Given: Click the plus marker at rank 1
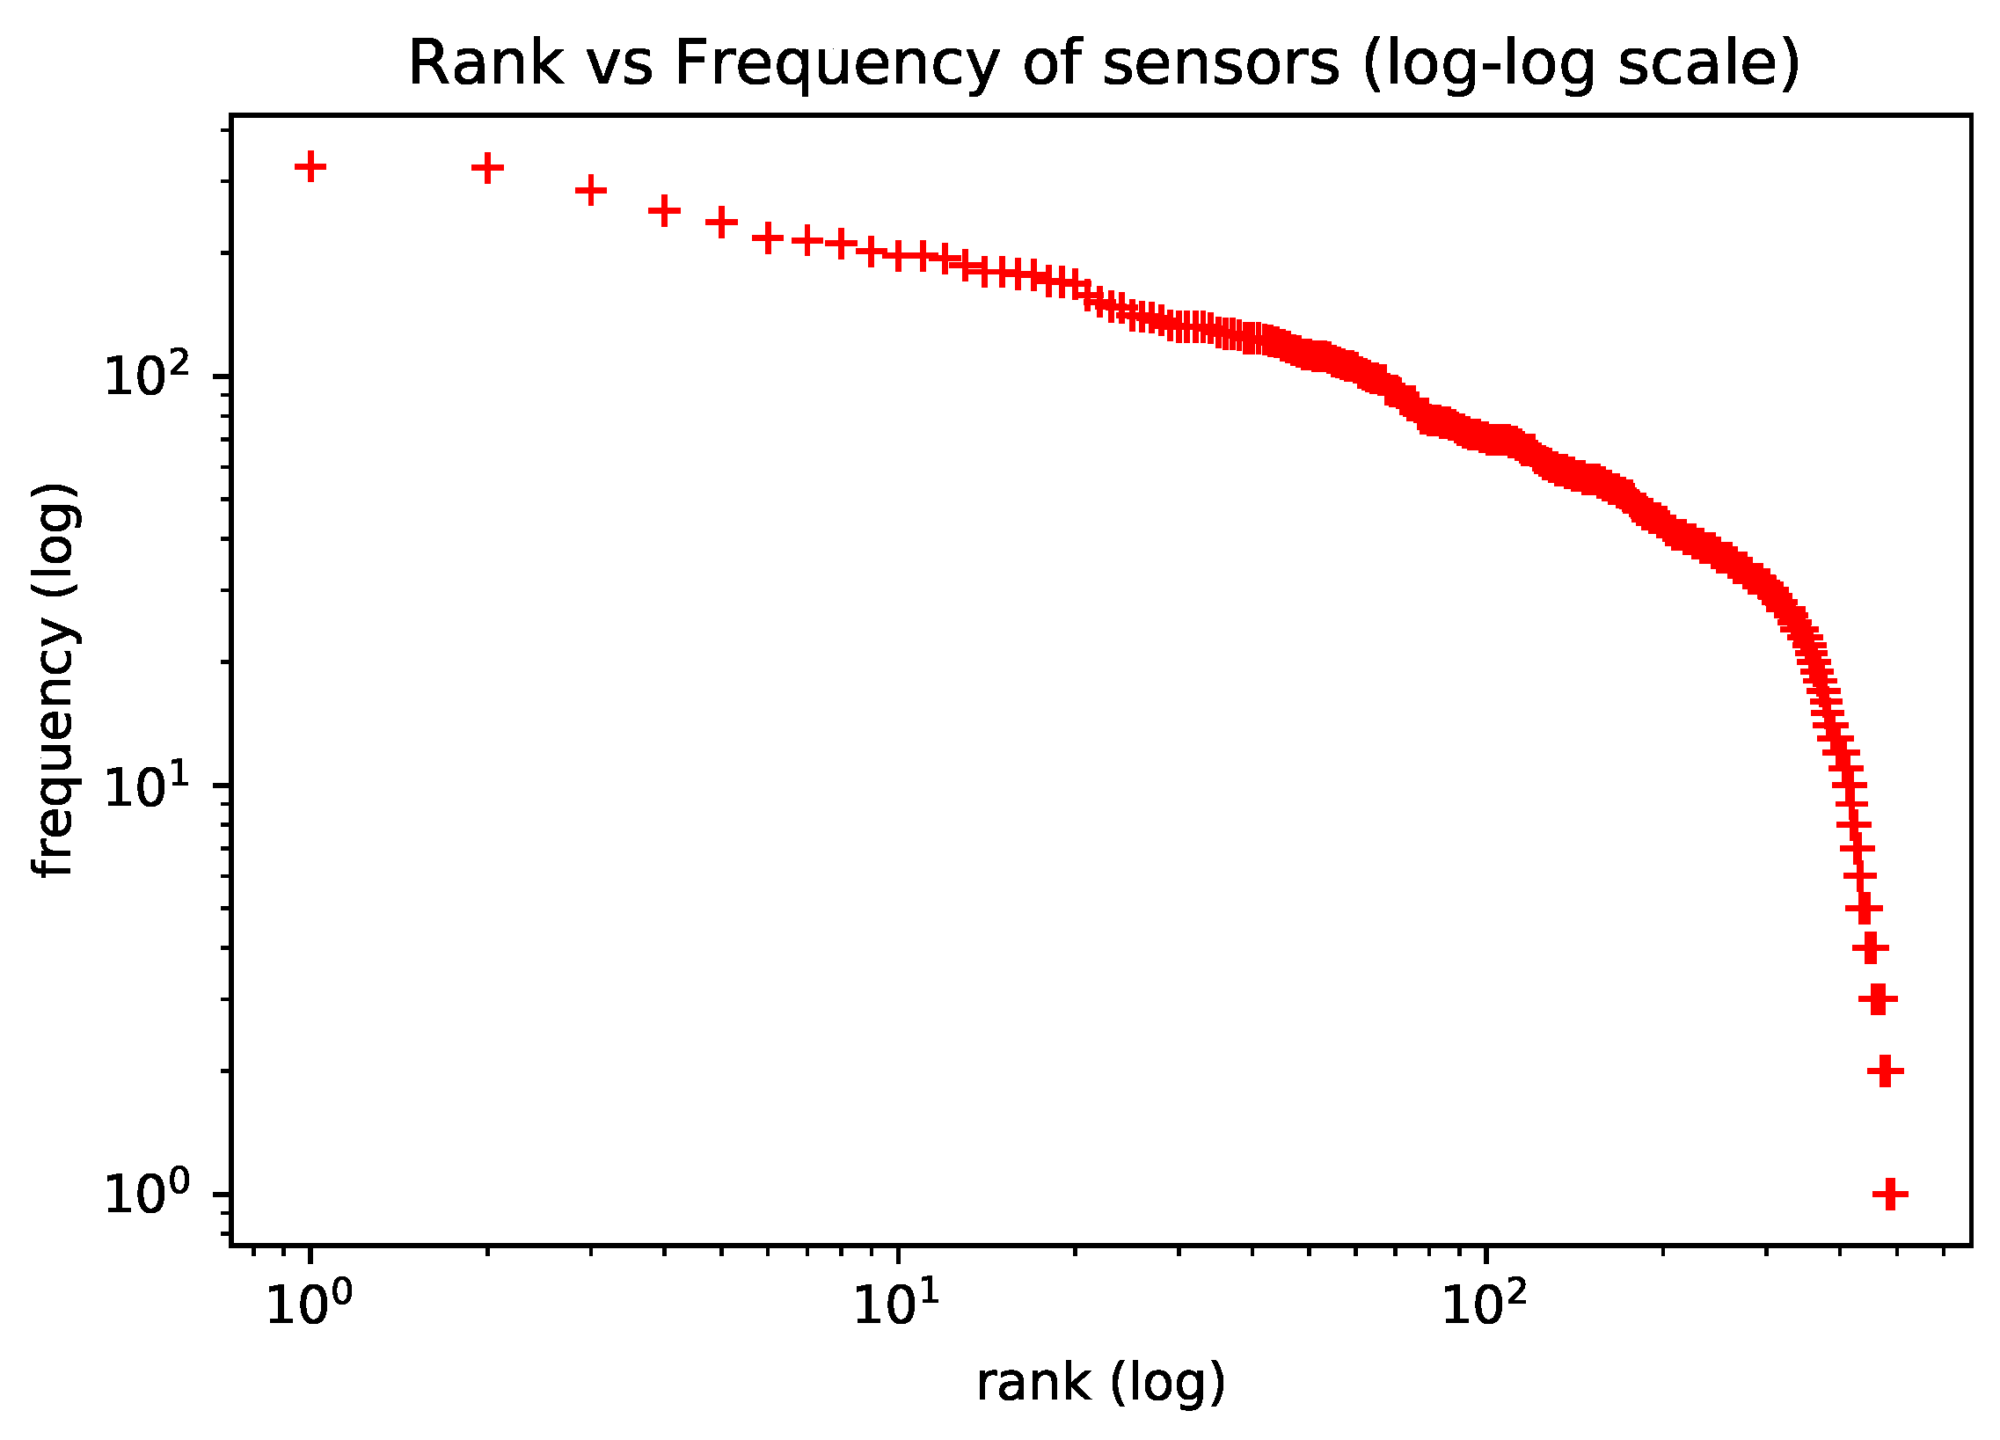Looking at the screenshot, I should (x=310, y=165).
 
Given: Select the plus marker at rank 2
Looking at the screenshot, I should (x=487, y=167).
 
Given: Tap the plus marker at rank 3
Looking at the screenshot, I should (x=591, y=190).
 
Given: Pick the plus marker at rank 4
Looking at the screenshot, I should (x=664, y=211).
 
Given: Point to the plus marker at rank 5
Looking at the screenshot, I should (x=721, y=223).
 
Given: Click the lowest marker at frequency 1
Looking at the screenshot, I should (x=1890, y=1195).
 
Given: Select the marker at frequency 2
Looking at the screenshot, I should (x=1886, y=1072).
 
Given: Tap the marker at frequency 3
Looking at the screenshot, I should (x=1878, y=1000).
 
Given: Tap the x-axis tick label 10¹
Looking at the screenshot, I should (x=897, y=1305).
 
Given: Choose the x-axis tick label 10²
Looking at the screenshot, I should (x=1485, y=1305).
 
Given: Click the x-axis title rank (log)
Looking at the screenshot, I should (x=1100, y=1383).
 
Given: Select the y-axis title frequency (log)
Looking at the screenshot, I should (x=55, y=679).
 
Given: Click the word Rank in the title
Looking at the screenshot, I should (x=485, y=63).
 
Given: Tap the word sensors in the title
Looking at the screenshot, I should (x=1222, y=63).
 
